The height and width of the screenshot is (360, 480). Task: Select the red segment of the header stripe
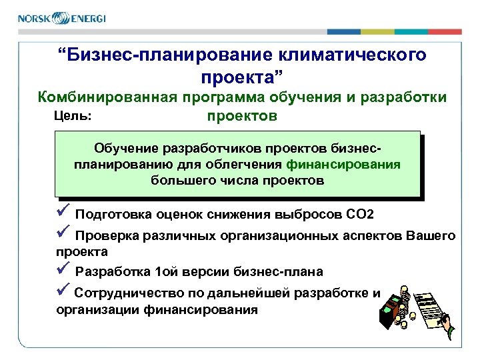coord(445,31)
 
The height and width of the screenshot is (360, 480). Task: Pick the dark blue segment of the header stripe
coord(343,31)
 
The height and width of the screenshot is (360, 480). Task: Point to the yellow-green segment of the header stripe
coord(377,31)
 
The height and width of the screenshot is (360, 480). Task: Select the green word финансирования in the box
coord(343,164)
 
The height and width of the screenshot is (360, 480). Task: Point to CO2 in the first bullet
coord(359,214)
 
